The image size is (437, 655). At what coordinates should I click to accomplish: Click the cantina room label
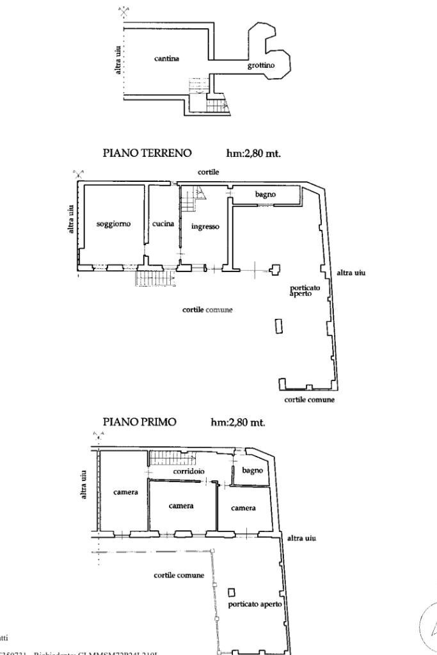[166, 59]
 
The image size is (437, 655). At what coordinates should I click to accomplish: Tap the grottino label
[261, 65]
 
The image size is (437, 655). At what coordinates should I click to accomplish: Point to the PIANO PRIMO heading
[139, 422]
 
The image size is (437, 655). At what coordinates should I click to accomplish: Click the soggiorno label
[113, 223]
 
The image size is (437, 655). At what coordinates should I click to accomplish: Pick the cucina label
[163, 223]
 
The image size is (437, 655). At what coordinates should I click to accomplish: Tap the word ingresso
[205, 226]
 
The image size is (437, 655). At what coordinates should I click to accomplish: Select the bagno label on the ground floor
[264, 194]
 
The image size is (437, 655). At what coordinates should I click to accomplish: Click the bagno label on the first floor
[253, 471]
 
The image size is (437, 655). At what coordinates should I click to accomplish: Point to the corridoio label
[189, 471]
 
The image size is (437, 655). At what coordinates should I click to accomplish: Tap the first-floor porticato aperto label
[254, 604]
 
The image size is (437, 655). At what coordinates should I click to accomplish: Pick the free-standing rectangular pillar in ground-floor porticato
[278, 326]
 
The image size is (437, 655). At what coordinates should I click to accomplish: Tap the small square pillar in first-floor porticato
[232, 592]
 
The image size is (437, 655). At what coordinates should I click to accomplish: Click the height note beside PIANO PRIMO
[237, 422]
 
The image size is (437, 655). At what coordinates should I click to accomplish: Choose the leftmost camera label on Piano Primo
[125, 492]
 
